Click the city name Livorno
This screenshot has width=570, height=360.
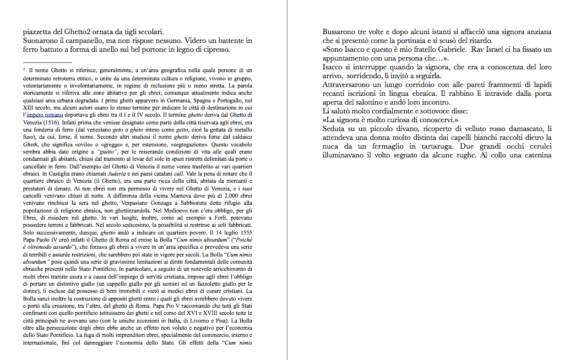(188, 320)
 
